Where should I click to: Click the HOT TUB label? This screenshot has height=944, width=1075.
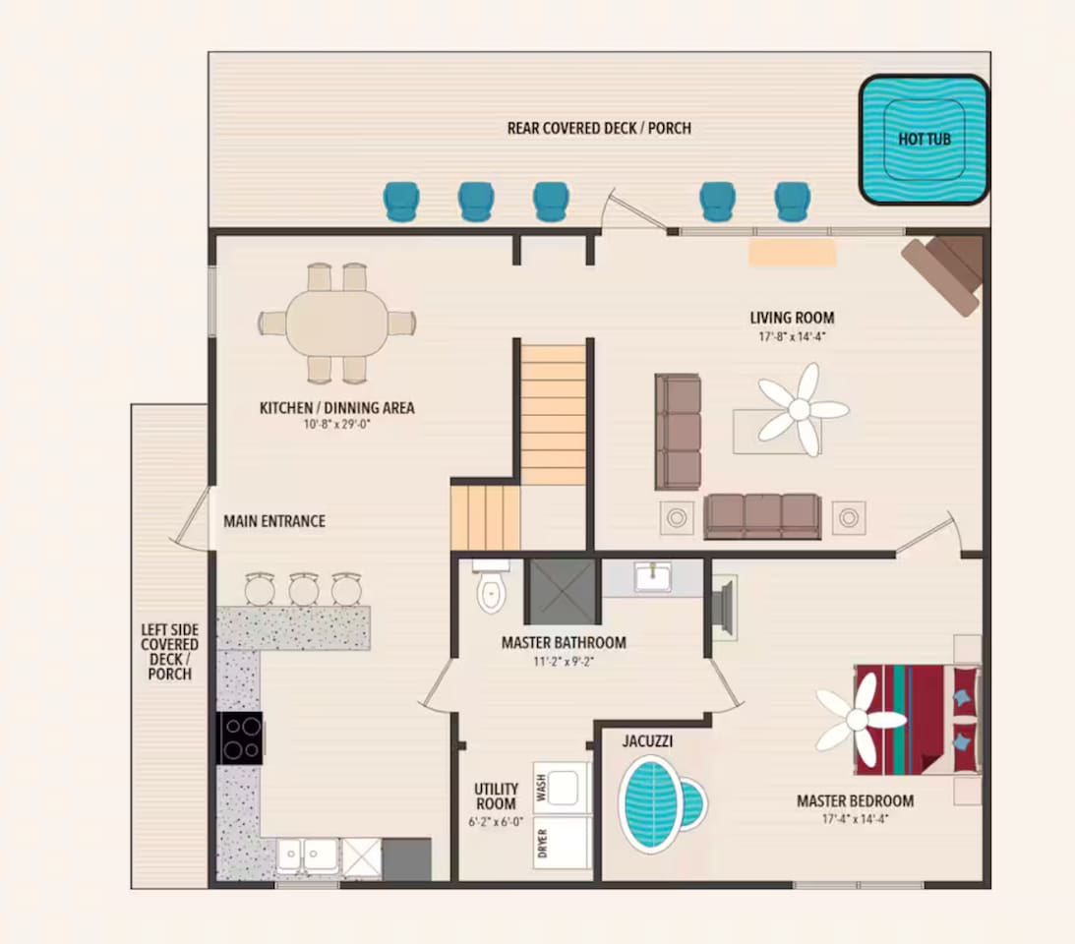tap(925, 140)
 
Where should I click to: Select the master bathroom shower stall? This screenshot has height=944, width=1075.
tap(563, 592)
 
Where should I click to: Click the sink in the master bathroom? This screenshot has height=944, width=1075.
tap(653, 576)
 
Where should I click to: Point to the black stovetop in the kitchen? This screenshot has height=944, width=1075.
tap(239, 737)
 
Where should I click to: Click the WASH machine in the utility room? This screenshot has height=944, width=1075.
tap(563, 788)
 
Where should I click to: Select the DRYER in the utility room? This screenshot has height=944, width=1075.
tap(563, 843)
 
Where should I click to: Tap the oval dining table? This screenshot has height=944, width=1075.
tap(336, 323)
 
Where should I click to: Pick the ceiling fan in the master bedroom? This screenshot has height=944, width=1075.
tap(858, 720)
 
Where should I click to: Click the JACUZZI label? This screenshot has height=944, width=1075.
tap(647, 741)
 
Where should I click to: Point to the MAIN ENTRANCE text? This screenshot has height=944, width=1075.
tap(274, 521)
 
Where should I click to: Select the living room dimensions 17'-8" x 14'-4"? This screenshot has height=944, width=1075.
tap(792, 336)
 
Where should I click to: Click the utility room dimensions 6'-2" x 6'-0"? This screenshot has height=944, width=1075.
tap(496, 821)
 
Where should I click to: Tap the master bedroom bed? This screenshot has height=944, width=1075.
tap(918, 720)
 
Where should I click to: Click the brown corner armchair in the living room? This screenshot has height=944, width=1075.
tap(944, 274)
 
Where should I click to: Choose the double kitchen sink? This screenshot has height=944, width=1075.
tap(307, 856)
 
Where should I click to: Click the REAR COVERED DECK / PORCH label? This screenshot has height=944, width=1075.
tap(599, 128)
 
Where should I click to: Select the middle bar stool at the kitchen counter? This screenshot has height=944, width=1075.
tap(304, 589)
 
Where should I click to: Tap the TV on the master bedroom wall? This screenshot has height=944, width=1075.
tap(723, 607)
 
